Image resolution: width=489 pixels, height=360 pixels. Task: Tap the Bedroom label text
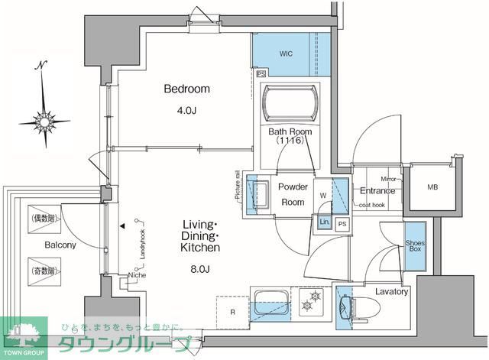[x=186, y=89]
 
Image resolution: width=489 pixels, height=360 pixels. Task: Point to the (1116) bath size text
[x=289, y=141]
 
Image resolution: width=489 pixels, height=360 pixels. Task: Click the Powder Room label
[x=292, y=195]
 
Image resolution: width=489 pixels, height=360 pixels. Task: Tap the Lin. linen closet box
[x=325, y=222]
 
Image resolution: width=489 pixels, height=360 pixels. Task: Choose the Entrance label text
[x=377, y=191]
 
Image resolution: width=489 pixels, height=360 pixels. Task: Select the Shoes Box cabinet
[x=416, y=245]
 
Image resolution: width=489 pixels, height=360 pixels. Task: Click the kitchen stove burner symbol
[x=311, y=299]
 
